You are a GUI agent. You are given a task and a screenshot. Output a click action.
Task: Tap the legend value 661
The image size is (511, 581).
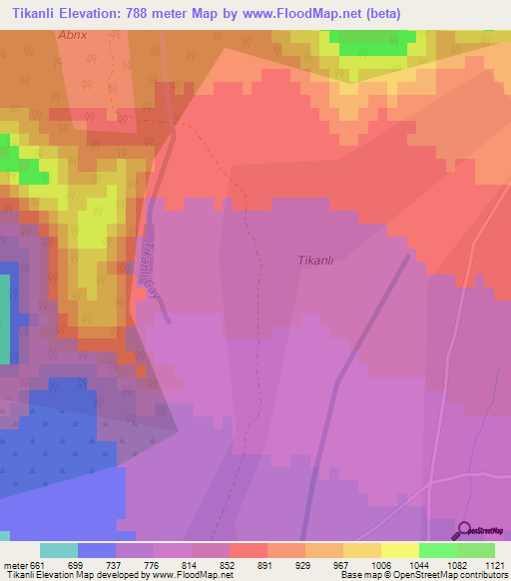[38, 564]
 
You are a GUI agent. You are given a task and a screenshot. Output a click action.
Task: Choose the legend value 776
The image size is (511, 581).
[154, 564]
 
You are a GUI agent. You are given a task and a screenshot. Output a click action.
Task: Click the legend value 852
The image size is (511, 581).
[229, 564]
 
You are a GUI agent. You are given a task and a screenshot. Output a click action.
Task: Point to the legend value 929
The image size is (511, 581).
[304, 564]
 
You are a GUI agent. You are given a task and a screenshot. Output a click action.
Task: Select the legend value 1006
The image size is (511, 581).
[380, 564]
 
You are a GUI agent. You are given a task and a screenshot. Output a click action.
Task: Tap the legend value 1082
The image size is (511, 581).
[457, 564]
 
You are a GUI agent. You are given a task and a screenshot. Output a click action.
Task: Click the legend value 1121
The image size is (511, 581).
[495, 564]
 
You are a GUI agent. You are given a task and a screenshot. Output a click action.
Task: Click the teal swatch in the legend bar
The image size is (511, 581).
[58, 550]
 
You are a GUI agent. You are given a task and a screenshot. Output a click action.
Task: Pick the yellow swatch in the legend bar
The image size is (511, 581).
[399, 550]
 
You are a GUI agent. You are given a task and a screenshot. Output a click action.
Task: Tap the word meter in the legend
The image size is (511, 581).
[14, 564]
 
